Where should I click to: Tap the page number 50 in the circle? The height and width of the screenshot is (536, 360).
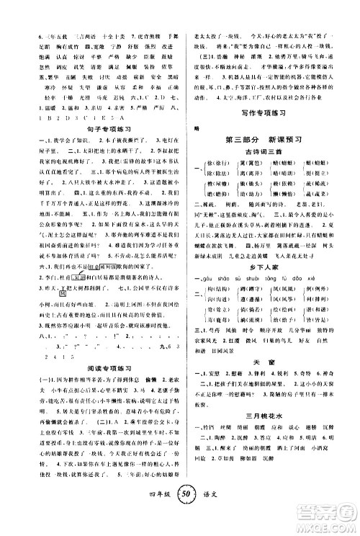click(181, 518)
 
